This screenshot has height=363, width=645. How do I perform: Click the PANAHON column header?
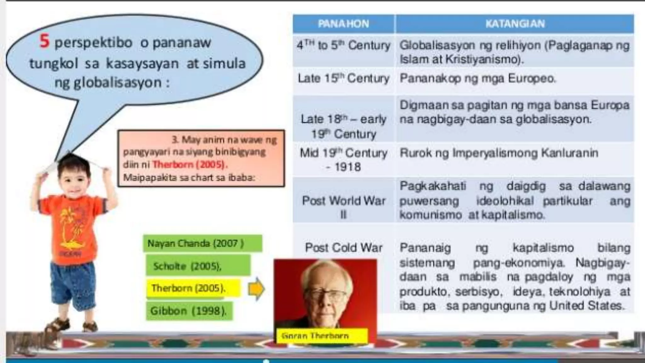tap(343, 24)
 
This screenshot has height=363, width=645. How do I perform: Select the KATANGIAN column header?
tap(515, 24)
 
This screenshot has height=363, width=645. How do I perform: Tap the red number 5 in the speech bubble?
tap(44, 41)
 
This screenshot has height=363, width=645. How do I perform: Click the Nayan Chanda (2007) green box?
tap(202, 244)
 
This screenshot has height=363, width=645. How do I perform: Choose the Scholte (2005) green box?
tap(198, 266)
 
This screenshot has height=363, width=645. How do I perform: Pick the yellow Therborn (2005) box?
tap(193, 288)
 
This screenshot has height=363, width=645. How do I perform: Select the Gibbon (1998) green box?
tap(189, 311)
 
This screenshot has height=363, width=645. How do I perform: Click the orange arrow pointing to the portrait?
tap(256, 289)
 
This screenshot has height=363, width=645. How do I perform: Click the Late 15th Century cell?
tap(343, 78)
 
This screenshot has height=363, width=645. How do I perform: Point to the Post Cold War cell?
tap(343, 248)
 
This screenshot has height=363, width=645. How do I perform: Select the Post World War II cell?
tap(343, 207)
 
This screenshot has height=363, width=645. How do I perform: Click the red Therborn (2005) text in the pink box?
tap(190, 164)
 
